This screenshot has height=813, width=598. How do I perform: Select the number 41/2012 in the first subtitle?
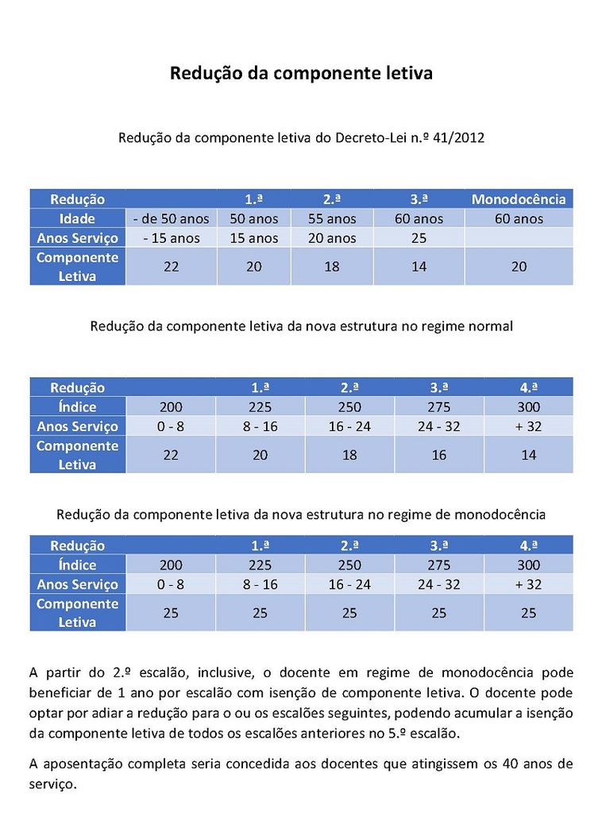[459, 137]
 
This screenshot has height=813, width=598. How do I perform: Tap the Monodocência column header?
[519, 199]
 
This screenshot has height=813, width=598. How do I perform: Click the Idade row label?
[77, 218]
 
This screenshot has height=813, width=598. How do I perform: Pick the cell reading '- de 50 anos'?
[172, 218]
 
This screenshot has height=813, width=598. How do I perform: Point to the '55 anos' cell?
[331, 218]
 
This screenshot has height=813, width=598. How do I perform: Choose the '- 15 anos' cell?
[172, 237]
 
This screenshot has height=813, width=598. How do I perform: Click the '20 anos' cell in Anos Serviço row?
[331, 237]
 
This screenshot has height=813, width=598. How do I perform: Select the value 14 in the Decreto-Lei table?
[419, 267]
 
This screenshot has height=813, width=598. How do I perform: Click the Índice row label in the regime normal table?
[77, 407]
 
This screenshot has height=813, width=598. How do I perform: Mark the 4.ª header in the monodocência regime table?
[528, 545]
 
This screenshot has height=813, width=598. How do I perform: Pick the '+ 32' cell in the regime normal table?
[528, 426]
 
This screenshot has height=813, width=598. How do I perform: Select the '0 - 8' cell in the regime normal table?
[171, 426]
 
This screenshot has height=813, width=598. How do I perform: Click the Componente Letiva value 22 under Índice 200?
[171, 455]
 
